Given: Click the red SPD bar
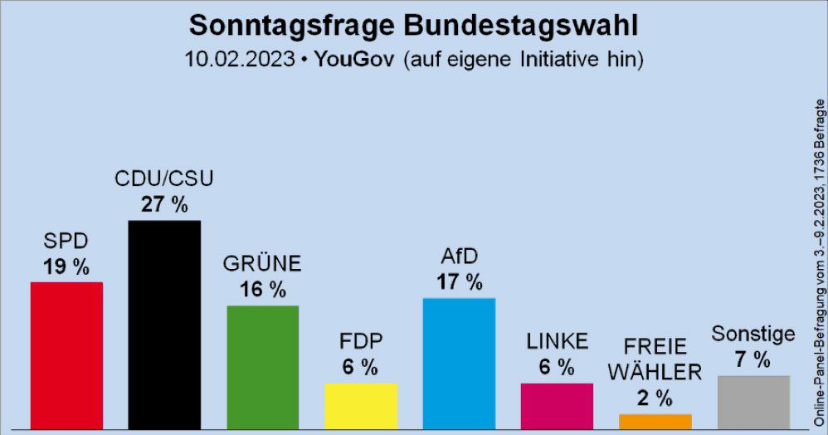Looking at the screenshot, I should coord(66,355).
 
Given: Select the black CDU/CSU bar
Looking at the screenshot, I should coord(164,324).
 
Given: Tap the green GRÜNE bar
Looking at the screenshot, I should coord(262,367).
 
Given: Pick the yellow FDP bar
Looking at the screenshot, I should coord(361,406).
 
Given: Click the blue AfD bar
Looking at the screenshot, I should coord(459,363).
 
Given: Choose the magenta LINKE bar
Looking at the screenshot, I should coord(557,406).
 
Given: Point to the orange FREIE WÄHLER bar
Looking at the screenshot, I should coord(655,421).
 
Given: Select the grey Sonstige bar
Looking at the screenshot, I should coord(753,402).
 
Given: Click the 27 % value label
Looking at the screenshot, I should coord(164,204).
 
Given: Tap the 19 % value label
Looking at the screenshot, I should coord(66,266).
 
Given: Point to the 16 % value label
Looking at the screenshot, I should coord(262,290).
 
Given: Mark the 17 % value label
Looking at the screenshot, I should coord(460,282).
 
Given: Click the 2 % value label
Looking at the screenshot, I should coord(655,398).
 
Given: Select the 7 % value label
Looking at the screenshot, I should coord(753,359).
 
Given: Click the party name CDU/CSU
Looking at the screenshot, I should coord(164,179).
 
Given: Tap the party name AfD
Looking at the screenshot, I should coord(460,257).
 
